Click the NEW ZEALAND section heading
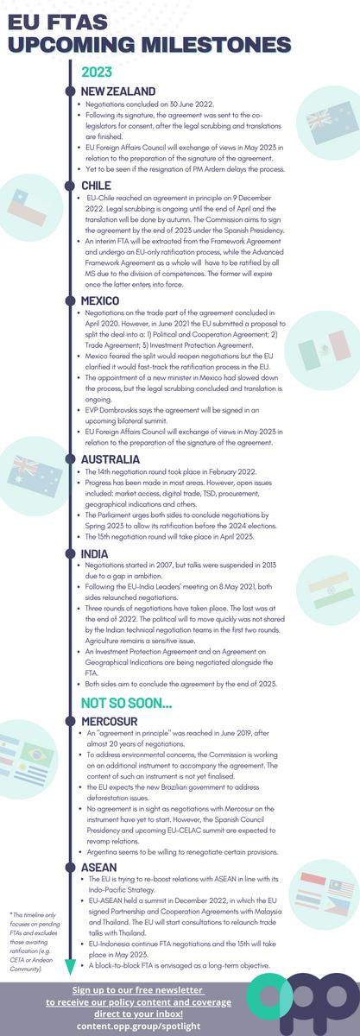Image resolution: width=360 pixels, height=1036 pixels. (x=118, y=91)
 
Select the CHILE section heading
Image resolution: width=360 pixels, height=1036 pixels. (x=96, y=186)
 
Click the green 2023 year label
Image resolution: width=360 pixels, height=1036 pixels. (x=97, y=73)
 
